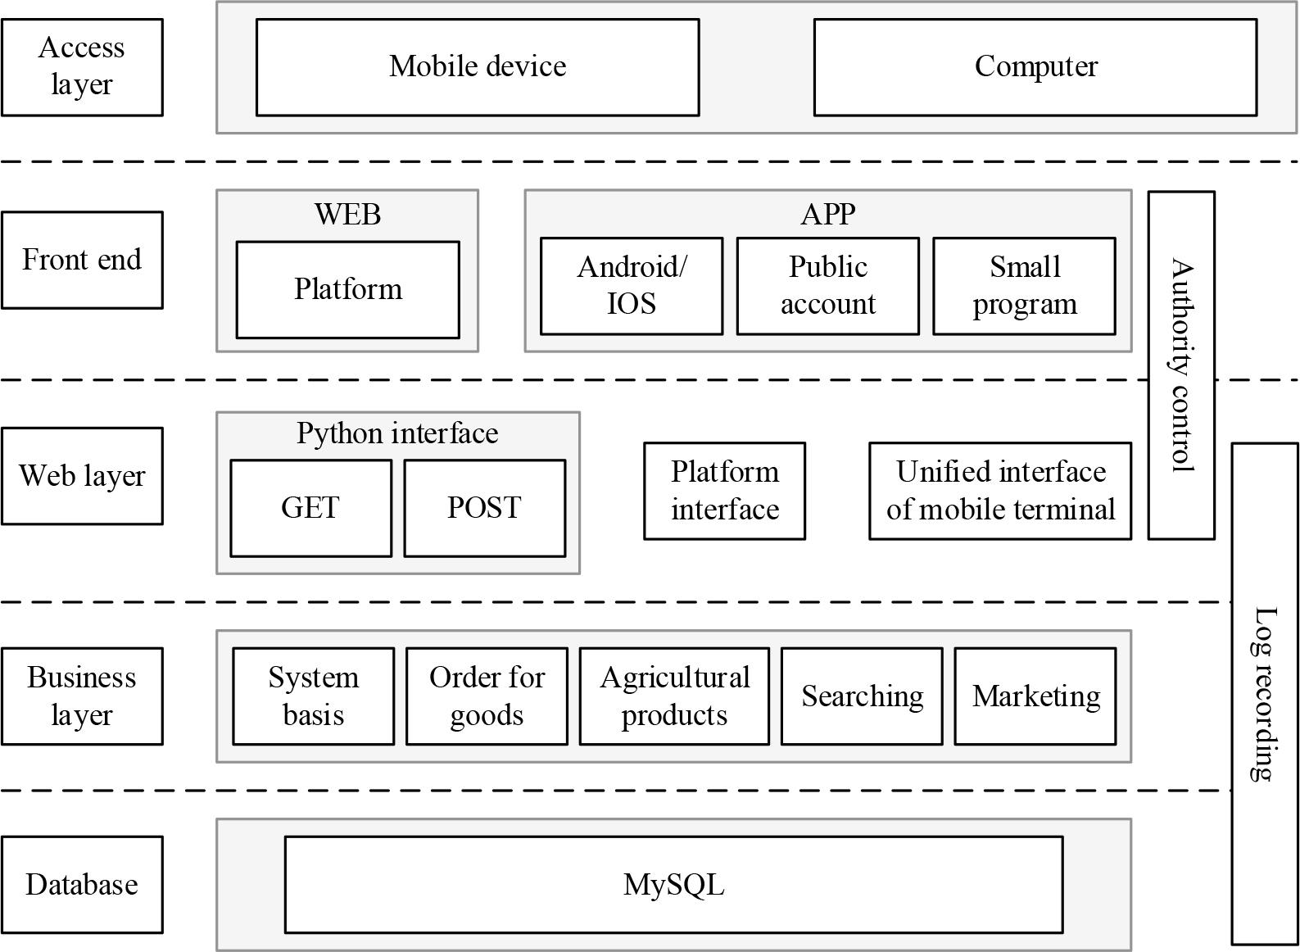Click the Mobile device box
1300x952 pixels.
(x=478, y=67)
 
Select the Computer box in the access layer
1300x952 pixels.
(x=1035, y=67)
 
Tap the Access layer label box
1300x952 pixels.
(x=82, y=67)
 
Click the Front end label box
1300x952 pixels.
(x=82, y=260)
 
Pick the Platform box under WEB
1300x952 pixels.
(x=347, y=289)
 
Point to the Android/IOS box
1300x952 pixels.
(x=632, y=286)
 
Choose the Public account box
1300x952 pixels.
(x=827, y=286)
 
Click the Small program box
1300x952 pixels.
(x=1024, y=286)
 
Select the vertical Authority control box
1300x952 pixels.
(x=1180, y=365)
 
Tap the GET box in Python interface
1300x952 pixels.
(x=310, y=508)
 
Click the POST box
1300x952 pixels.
(x=484, y=508)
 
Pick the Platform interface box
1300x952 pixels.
(x=724, y=491)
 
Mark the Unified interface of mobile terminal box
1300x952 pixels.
(x=1000, y=491)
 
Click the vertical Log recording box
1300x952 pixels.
(x=1265, y=693)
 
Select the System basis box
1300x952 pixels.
(x=313, y=696)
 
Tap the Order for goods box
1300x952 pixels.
(x=487, y=696)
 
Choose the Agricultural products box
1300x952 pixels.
(x=674, y=696)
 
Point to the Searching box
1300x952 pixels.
(x=862, y=696)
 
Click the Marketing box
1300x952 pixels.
(x=1035, y=696)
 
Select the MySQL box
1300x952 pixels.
(x=673, y=885)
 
